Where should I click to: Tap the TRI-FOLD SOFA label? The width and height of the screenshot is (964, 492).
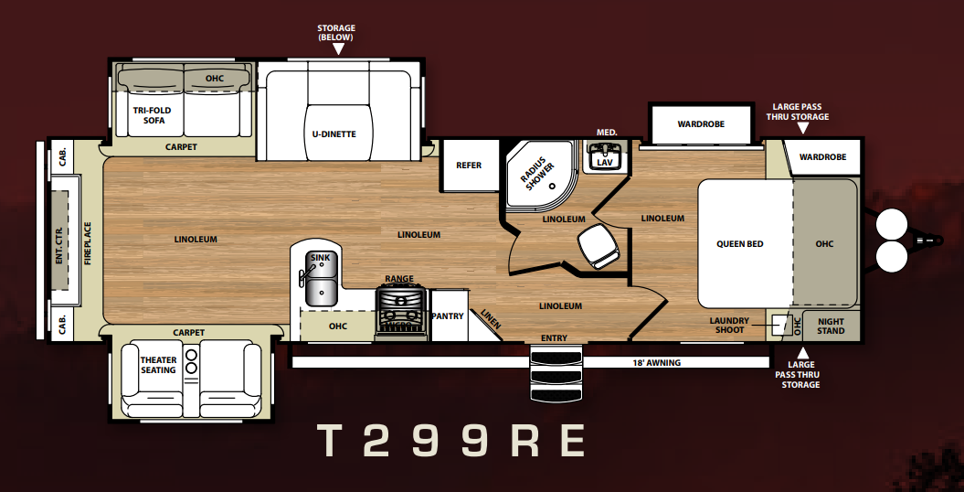153,115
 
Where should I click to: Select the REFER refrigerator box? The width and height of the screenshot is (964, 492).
469,166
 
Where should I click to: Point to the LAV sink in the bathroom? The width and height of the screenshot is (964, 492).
605,156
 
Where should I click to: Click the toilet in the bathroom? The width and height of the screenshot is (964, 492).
596,245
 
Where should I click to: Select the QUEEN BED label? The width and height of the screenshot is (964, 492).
739,244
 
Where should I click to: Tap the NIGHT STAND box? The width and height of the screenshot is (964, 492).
831,326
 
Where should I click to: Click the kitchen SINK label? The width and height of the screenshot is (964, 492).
320,258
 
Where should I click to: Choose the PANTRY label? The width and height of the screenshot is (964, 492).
447,316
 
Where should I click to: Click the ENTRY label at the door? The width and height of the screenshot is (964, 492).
554,338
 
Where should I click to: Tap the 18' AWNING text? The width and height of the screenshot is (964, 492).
656,363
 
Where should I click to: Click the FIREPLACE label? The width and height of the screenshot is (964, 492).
88,243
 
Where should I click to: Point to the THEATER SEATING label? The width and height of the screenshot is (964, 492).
158,365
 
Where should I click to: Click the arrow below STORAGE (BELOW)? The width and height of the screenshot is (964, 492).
337,49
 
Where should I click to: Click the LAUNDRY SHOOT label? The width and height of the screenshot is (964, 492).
729,326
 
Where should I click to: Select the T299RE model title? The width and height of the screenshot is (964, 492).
450,441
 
